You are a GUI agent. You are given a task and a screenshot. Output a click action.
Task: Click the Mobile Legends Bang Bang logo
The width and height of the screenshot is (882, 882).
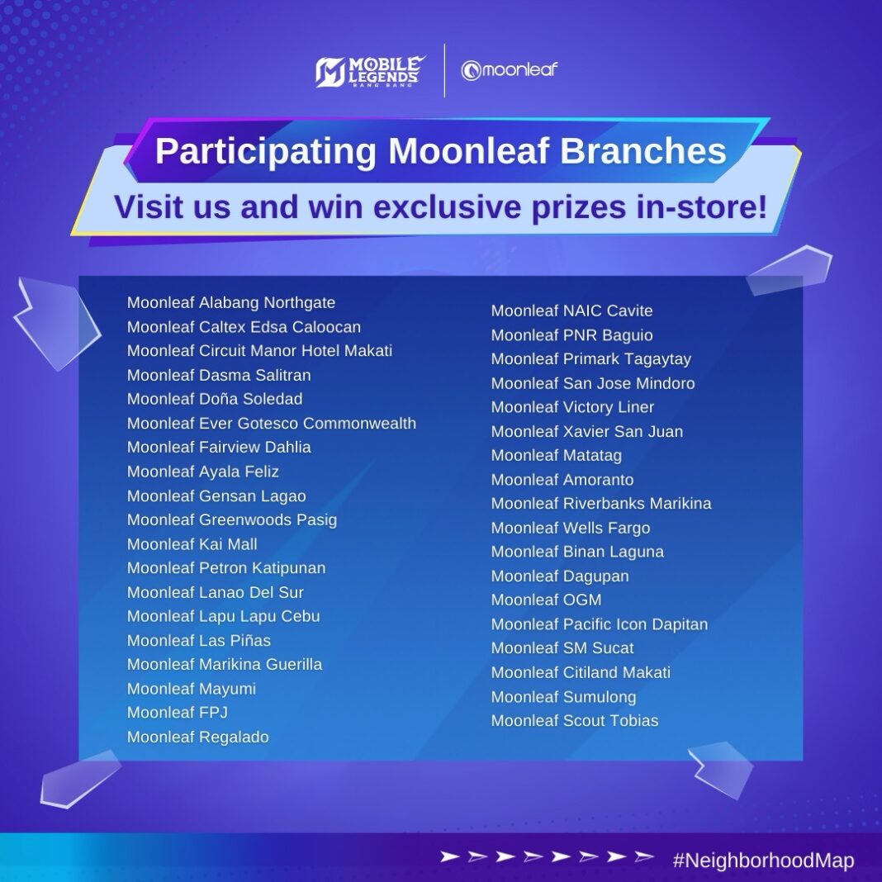370,71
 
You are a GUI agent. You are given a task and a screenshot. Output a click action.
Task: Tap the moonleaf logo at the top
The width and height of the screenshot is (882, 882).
510,71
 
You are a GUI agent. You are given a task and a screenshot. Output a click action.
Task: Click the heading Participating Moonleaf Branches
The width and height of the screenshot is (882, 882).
441,151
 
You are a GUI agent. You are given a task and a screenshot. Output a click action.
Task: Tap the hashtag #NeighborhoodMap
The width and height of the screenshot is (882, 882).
763,861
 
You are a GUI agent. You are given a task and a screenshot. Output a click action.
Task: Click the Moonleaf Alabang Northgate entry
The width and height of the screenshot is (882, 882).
231,303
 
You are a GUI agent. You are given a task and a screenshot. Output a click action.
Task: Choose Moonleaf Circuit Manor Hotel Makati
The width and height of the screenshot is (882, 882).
259,351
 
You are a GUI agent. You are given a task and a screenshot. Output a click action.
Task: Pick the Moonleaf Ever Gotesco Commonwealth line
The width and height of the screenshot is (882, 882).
272,424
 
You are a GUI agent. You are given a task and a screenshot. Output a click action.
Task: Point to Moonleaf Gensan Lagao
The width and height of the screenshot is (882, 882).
216,496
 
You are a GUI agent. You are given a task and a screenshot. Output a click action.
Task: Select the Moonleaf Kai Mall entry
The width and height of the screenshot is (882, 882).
192,544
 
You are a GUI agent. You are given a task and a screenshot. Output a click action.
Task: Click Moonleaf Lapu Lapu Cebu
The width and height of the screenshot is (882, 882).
224,616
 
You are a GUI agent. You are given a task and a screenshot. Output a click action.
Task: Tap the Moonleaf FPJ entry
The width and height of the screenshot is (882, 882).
178,712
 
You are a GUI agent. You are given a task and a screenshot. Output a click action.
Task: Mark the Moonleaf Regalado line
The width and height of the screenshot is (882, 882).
198,737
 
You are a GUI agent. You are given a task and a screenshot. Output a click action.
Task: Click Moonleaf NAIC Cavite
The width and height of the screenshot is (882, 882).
571,311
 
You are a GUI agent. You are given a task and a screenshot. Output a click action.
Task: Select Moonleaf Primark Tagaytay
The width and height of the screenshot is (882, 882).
591,359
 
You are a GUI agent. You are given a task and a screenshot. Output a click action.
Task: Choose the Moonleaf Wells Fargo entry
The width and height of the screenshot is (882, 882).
571,528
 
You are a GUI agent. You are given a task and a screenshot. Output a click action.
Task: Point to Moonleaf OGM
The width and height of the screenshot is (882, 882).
547,600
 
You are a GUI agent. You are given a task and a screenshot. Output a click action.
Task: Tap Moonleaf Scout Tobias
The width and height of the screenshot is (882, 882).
575,721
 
